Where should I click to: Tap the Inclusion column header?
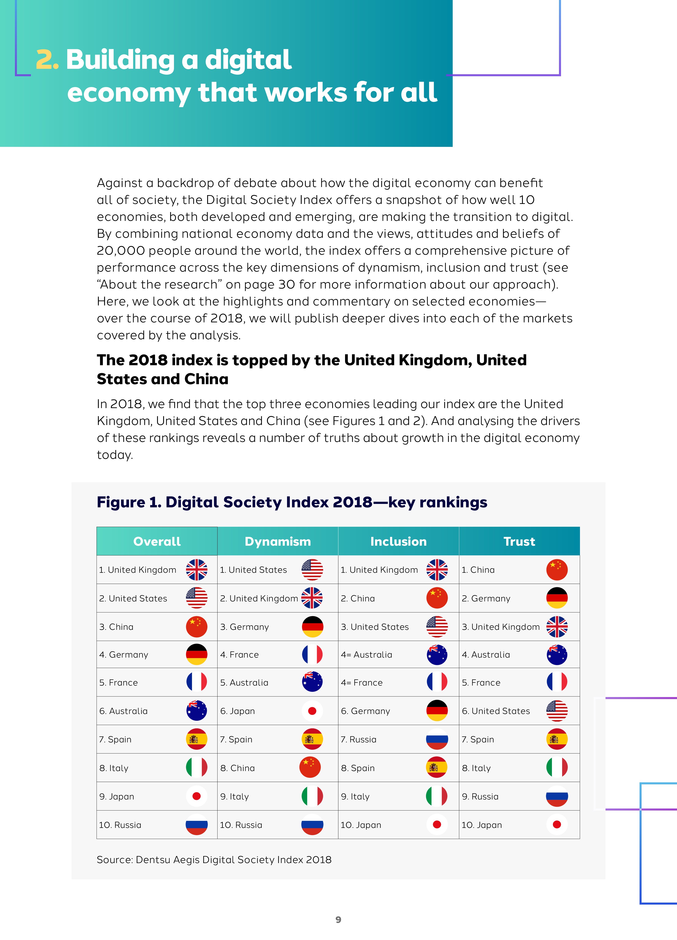click(398, 541)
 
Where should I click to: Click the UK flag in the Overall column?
click(197, 569)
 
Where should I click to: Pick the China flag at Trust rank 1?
click(557, 569)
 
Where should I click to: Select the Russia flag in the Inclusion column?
click(437, 739)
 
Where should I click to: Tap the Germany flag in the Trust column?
click(557, 598)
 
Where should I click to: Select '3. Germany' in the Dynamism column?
click(245, 627)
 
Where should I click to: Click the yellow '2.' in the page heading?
click(47, 60)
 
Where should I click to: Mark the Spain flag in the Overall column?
click(197, 739)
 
